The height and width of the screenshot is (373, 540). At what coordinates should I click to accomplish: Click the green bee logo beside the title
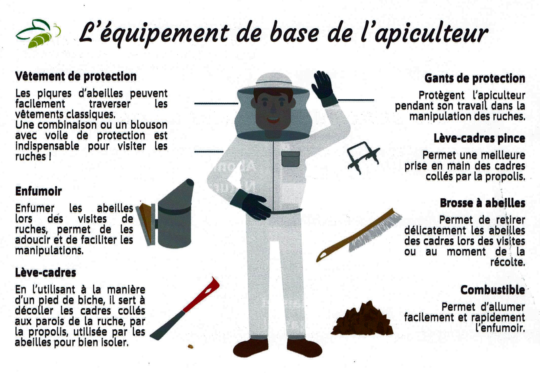pos(38,34)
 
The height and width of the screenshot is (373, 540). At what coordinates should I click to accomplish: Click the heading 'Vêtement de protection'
pos(76,76)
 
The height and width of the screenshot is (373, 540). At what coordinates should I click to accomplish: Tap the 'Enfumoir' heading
pos(38,191)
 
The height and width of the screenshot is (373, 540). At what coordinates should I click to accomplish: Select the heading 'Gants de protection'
pos(475,78)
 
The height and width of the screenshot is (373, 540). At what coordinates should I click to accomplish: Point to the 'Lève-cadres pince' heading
pos(479,138)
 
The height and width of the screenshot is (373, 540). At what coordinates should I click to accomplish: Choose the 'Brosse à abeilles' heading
pos(483,203)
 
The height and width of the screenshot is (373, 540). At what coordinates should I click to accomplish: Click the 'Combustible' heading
pos(493,290)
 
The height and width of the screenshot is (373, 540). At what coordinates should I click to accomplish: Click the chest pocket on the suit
pos(290,159)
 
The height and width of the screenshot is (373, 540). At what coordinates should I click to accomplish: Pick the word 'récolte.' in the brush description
pos(508,262)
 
